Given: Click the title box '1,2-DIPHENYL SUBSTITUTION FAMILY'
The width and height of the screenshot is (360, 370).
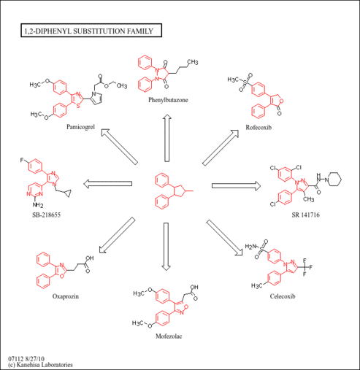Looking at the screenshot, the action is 91,31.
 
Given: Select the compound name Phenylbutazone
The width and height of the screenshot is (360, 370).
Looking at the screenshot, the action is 168,100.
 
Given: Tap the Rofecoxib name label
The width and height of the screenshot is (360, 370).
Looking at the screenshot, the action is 258,127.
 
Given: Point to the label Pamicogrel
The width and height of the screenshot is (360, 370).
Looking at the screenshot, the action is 80,127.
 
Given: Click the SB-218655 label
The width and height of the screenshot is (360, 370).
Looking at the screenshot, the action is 46,215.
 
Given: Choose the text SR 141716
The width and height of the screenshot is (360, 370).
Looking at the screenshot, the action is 306,215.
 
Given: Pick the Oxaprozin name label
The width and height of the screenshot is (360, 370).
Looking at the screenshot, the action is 66,296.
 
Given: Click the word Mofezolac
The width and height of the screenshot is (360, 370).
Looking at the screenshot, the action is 169,336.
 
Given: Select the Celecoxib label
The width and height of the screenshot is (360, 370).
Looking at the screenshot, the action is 283,296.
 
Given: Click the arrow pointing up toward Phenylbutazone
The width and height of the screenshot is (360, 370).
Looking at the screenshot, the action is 167,138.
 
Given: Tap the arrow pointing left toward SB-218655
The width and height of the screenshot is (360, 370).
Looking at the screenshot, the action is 108,184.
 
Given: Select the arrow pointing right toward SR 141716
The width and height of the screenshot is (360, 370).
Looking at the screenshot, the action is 236,186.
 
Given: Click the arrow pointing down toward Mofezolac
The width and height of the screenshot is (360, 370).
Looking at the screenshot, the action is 166,247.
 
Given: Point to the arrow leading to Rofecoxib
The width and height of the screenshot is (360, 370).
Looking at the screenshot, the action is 221,147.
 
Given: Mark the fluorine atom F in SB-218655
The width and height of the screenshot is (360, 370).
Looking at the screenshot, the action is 22,160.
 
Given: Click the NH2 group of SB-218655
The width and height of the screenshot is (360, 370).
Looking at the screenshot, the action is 38,205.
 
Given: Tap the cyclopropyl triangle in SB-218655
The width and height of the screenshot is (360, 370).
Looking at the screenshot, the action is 67,193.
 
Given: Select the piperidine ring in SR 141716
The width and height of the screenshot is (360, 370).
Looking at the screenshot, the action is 334,180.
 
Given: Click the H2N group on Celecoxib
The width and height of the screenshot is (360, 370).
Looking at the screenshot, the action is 250,247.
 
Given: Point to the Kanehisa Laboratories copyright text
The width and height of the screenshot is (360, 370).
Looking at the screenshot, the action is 40,365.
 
